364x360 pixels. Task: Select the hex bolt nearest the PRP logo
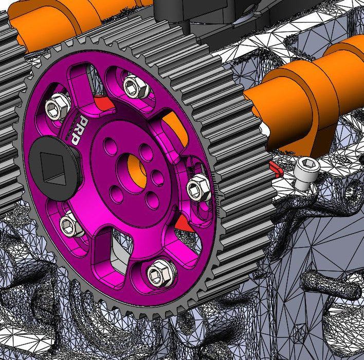tap(57, 107)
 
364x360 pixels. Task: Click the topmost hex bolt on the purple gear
tap(135, 85)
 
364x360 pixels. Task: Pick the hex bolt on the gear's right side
tap(198, 188)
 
